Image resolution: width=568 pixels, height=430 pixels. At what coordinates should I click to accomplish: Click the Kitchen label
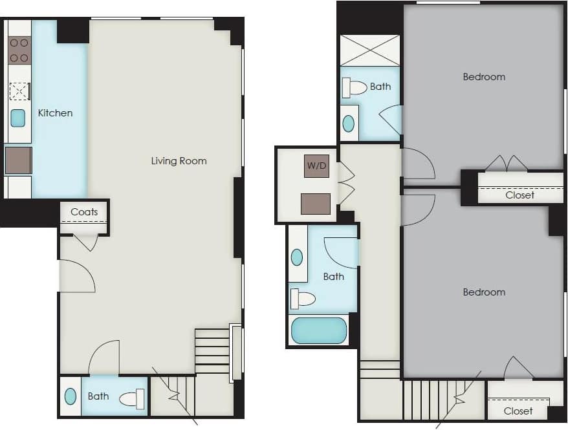[x=55, y=113]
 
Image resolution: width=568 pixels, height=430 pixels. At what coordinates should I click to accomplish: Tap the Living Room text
[x=179, y=160]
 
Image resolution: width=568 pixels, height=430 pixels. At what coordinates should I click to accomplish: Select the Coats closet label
[x=84, y=211]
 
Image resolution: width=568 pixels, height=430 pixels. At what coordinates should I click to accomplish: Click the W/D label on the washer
[x=316, y=166]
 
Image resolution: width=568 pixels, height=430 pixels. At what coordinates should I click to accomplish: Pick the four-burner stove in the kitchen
[x=19, y=50]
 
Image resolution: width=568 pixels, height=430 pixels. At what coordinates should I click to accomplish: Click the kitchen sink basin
[x=18, y=118]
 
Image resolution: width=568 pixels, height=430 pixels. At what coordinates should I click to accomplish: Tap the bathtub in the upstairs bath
[x=319, y=330]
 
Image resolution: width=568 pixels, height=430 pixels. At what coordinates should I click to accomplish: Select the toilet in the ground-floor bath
[x=133, y=399]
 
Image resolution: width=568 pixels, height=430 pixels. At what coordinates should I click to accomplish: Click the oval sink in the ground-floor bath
[x=71, y=396]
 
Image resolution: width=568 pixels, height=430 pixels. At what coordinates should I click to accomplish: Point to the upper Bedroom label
[x=484, y=77]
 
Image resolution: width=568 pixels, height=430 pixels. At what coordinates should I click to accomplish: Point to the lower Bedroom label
[x=484, y=292]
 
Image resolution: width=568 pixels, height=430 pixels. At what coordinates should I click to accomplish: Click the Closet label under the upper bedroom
[x=520, y=195]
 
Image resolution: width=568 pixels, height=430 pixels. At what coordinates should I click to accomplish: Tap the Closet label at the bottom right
[x=518, y=411]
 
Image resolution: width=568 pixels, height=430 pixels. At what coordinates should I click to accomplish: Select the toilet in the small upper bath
[x=355, y=87]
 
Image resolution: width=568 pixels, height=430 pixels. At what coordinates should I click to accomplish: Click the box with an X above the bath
[x=370, y=50]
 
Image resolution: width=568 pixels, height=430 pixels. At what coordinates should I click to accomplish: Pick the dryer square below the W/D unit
[x=316, y=204]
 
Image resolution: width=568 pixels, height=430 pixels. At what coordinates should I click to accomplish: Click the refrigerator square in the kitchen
[x=18, y=160]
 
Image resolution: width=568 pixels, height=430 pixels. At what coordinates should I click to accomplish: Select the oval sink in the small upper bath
[x=349, y=123]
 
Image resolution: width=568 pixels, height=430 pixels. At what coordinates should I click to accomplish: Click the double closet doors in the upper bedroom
[x=507, y=164]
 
